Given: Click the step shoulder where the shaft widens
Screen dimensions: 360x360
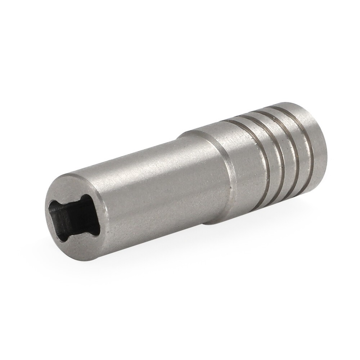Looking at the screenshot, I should pyautogui.click(x=202, y=180).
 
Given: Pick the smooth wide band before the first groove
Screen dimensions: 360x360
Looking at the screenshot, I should pyautogui.click(x=230, y=162).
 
